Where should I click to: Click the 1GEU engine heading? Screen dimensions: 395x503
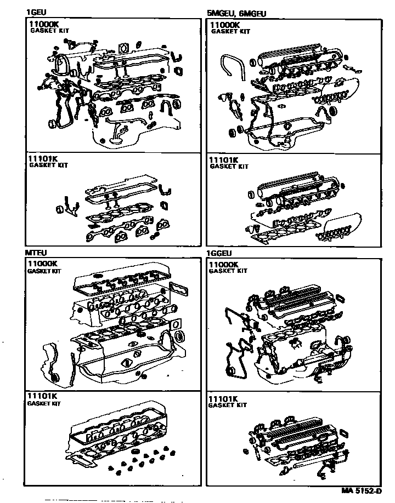(36, 13)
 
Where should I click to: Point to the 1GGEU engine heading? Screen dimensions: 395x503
(219, 254)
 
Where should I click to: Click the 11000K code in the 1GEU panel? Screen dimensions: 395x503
(44, 24)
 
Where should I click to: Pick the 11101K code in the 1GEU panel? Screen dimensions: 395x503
(43, 158)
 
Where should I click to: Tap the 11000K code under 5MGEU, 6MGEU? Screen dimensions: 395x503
(225, 25)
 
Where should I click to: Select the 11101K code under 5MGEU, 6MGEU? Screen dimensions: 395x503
(224, 160)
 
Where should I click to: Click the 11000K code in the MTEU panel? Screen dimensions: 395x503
(42, 264)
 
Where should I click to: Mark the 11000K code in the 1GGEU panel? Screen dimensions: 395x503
(224, 265)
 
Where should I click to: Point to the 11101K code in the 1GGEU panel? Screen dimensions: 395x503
(223, 399)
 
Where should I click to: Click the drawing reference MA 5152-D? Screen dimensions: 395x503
(362, 491)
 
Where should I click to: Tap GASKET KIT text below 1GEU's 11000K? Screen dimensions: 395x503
(49, 31)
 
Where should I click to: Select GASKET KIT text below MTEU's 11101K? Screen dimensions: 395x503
(44, 403)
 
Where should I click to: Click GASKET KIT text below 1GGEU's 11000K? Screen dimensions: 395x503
(228, 271)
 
